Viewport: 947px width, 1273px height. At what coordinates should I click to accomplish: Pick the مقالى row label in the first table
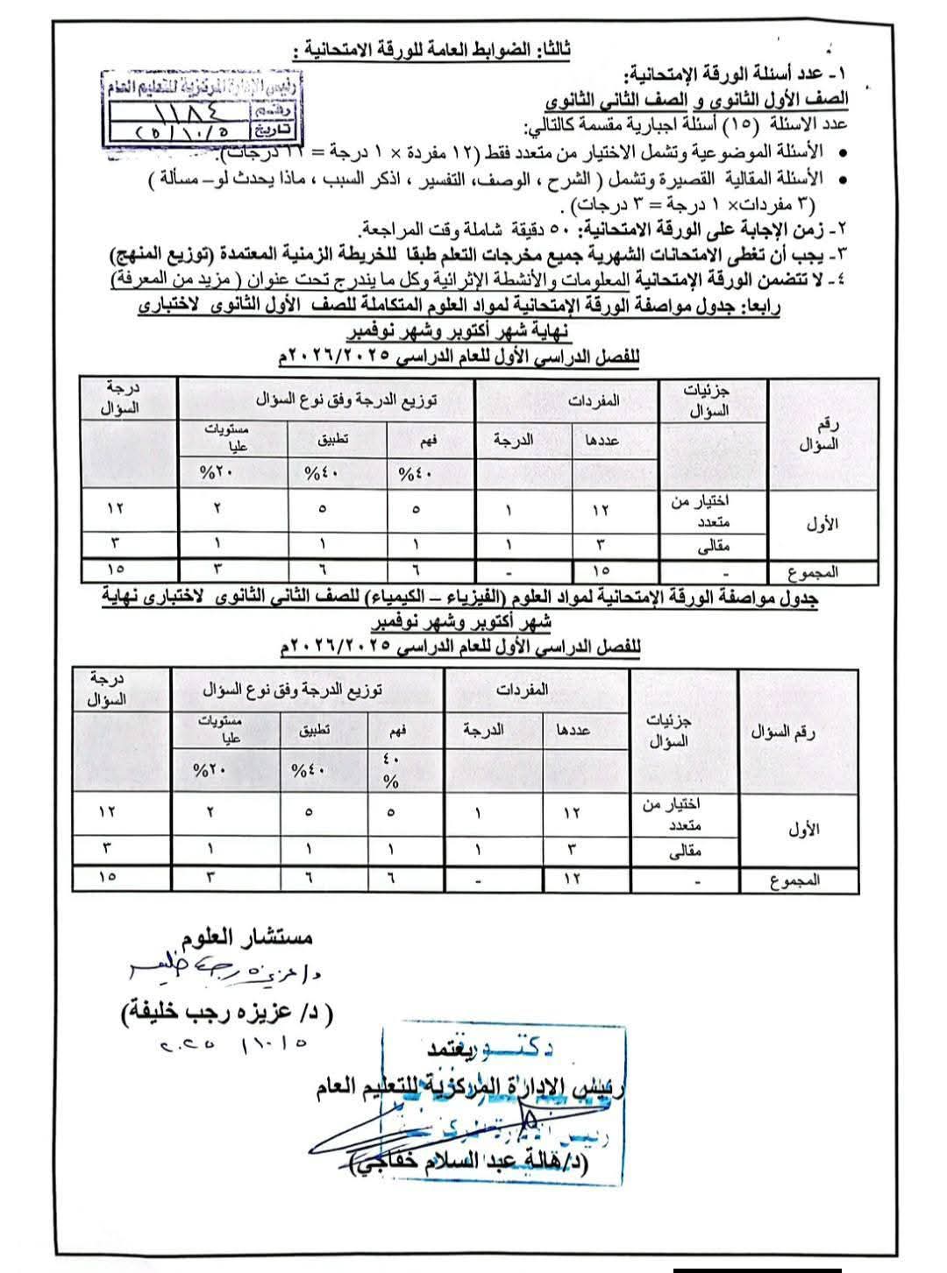(712, 546)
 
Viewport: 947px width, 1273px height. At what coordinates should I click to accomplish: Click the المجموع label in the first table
(813, 572)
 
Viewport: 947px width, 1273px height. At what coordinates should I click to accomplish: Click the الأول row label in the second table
(798, 828)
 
